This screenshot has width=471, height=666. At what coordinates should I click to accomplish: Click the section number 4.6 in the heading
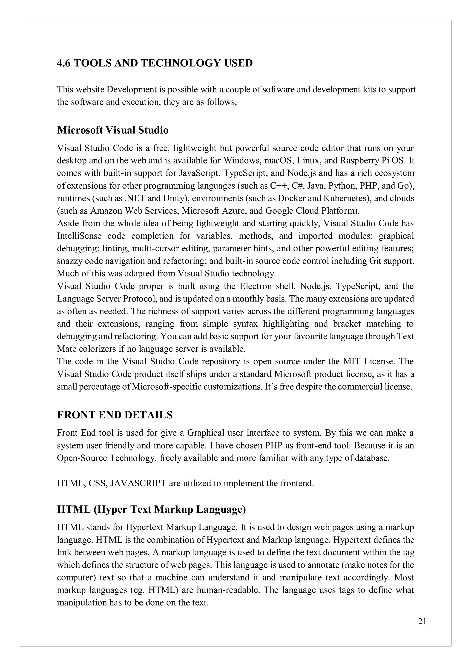(63, 63)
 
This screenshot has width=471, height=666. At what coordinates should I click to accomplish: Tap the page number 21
(422, 629)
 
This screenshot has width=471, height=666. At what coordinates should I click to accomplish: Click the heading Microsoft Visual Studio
(112, 130)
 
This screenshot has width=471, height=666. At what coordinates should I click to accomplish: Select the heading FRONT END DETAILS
(115, 415)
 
